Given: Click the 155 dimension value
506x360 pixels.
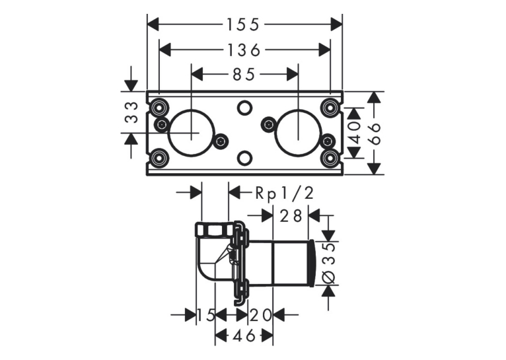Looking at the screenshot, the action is (x=243, y=24).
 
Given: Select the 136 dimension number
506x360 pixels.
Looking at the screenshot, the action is (x=244, y=50).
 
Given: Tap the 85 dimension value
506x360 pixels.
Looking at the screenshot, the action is (x=244, y=75).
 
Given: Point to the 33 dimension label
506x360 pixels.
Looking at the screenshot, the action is (x=131, y=112).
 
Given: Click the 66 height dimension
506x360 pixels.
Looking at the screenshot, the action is (x=375, y=133).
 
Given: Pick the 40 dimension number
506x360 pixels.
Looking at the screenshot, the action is (x=355, y=133).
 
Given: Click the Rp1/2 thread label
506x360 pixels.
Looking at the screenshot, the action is (x=284, y=194).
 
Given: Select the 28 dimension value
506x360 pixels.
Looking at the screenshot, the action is (x=291, y=216).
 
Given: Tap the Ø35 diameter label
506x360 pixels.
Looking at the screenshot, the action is (x=330, y=263).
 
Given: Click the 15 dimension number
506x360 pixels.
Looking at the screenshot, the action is (x=206, y=315).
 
